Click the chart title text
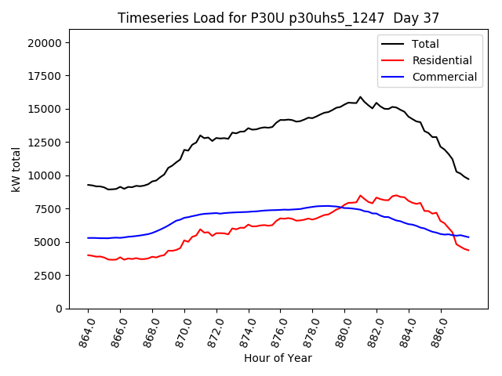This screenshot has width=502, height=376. (278, 18)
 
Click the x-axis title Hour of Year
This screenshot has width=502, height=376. (278, 358)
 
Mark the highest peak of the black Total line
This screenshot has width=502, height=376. (361, 97)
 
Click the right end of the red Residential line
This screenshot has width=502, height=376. (468, 250)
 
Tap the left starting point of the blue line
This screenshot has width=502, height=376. (88, 238)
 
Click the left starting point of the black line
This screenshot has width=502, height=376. (88, 185)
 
